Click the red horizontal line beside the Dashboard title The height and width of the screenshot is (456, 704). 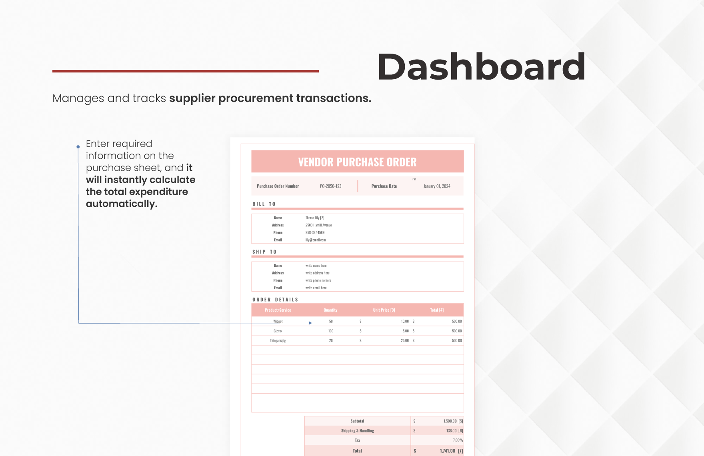click(x=185, y=71)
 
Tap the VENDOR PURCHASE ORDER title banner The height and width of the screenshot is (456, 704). click(x=357, y=162)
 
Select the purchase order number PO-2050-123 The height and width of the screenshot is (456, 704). click(x=330, y=186)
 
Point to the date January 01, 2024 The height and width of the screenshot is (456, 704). click(x=437, y=186)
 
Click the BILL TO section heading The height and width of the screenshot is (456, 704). click(x=264, y=204)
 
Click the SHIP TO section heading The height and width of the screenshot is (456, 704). click(x=264, y=252)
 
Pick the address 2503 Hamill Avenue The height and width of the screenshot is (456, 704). click(x=318, y=225)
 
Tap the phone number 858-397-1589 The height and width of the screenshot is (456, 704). click(x=315, y=232)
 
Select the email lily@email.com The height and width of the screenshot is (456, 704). click(x=316, y=240)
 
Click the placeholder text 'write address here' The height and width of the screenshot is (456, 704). click(x=317, y=273)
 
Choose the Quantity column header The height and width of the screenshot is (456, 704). click(x=330, y=310)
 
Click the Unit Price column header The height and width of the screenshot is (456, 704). click(x=384, y=310)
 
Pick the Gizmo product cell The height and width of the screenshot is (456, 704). click(x=278, y=331)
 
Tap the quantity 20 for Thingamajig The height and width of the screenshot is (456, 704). click(x=331, y=340)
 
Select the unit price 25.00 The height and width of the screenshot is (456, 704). click(x=405, y=340)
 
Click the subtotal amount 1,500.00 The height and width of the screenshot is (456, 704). click(x=450, y=421)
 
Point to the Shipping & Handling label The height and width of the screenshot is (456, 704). click(x=357, y=431)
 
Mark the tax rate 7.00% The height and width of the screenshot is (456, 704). click(x=458, y=440)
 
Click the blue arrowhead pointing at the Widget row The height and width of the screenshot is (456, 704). click(x=310, y=323)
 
